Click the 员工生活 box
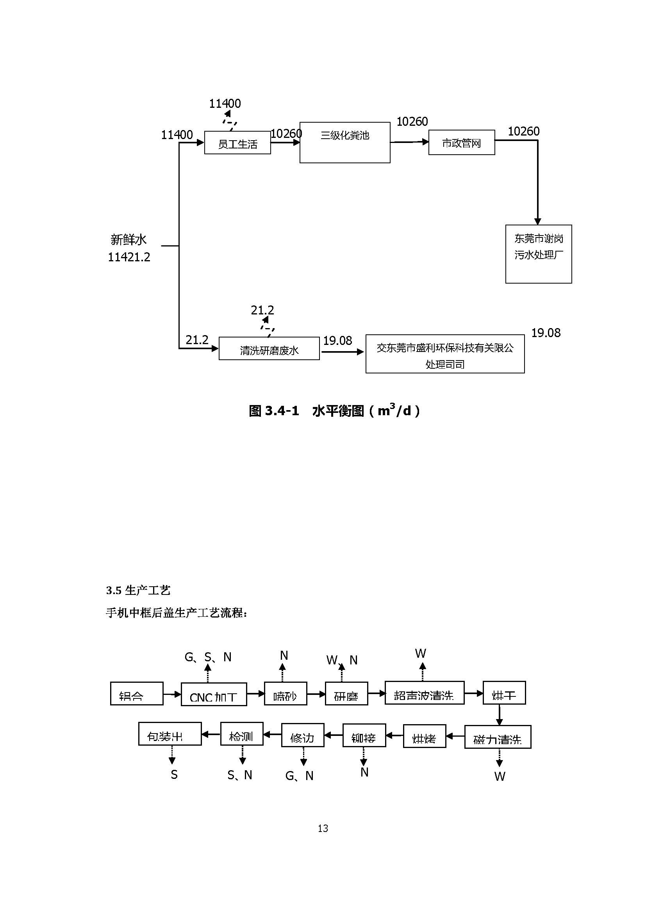237,143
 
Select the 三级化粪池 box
345,143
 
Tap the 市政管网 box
461,143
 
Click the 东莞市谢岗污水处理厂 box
539,254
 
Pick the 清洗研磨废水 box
269,349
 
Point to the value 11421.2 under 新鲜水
129,257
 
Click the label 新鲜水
128,240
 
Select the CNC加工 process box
214,694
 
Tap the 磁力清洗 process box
498,737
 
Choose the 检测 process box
242,734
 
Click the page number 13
323,828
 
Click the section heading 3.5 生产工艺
138,590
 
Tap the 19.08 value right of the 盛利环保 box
546,333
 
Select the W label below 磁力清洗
500,776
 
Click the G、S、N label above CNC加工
208,657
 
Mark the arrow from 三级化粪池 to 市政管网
409,142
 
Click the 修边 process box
303,735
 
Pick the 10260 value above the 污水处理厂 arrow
523,131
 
